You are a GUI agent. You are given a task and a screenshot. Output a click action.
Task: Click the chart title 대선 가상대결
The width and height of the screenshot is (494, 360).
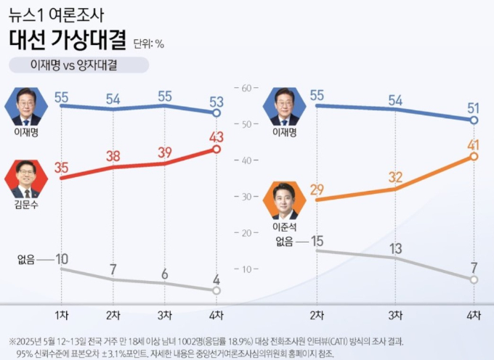coord(68,40)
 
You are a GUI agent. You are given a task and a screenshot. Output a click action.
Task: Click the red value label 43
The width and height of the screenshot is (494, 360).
coord(216,137)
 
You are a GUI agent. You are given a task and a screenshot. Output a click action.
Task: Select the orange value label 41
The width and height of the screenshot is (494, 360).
coord(473,145)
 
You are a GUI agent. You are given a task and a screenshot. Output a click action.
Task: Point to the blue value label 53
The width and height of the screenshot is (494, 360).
coord(216,102)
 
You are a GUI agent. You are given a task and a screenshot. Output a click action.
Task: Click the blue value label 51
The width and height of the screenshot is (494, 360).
coord(473,109)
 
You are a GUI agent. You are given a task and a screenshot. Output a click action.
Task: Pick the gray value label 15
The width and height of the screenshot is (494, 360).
coord(317,241)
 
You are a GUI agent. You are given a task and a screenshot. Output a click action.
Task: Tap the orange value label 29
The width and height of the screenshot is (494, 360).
coord(317,189)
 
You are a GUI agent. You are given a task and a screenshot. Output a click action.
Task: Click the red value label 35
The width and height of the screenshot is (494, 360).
coord(62,168)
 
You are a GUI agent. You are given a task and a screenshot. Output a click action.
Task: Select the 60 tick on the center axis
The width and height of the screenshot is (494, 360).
coord(246,88)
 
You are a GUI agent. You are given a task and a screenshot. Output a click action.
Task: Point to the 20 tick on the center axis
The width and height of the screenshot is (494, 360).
coord(246,233)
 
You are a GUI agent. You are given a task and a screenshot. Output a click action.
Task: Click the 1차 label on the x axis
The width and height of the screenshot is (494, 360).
coord(62,315)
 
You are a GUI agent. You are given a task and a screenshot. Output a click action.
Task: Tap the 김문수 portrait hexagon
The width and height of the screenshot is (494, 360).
coord(26,179)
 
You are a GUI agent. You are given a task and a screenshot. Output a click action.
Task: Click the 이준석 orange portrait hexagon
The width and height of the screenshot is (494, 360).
coord(285,200)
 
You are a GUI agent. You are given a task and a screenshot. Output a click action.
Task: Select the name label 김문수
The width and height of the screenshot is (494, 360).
coord(26,205)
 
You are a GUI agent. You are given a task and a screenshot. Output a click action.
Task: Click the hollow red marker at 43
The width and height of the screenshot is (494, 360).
coord(216,150)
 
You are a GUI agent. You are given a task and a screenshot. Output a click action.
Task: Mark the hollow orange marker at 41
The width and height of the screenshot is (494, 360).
coord(474,156)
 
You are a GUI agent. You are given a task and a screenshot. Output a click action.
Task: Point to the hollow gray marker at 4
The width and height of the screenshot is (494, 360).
coord(216,290)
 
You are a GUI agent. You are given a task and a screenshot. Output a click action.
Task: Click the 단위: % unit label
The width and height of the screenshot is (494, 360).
coord(149,44)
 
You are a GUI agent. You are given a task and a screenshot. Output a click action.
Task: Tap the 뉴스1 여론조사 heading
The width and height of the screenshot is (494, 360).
coord(56,15)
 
